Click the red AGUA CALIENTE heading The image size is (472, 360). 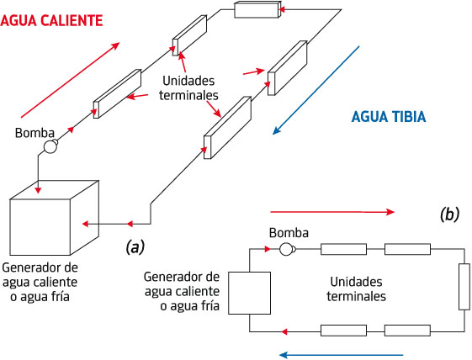pos(51,21)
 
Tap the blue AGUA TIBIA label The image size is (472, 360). pos(389,117)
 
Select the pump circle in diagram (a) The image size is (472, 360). pos(50,146)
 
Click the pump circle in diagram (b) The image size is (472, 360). pos(286,249)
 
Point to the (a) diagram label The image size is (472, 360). pos(135,247)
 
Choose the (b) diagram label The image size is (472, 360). pos(449,215)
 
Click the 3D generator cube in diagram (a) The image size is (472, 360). pos(55,218)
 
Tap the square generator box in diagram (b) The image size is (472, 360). pos(249,293)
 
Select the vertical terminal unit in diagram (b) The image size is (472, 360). pos(464,287)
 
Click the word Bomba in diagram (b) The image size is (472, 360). pos(289,233)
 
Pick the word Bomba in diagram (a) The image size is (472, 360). pos(34,133)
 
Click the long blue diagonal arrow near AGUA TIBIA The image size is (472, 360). pos(316,90)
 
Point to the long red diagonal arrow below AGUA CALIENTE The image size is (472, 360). pos(70,80)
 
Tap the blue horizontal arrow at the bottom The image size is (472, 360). pos(341,355)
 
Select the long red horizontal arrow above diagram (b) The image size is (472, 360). pos(332,212)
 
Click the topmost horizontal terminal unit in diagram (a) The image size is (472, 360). pos(257,9)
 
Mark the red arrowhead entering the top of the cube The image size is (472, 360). pos(38,190)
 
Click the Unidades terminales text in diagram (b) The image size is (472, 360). pos(356,289)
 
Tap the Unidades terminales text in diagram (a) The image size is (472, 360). pos(188,87)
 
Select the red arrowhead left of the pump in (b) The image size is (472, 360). pos(268,249)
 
